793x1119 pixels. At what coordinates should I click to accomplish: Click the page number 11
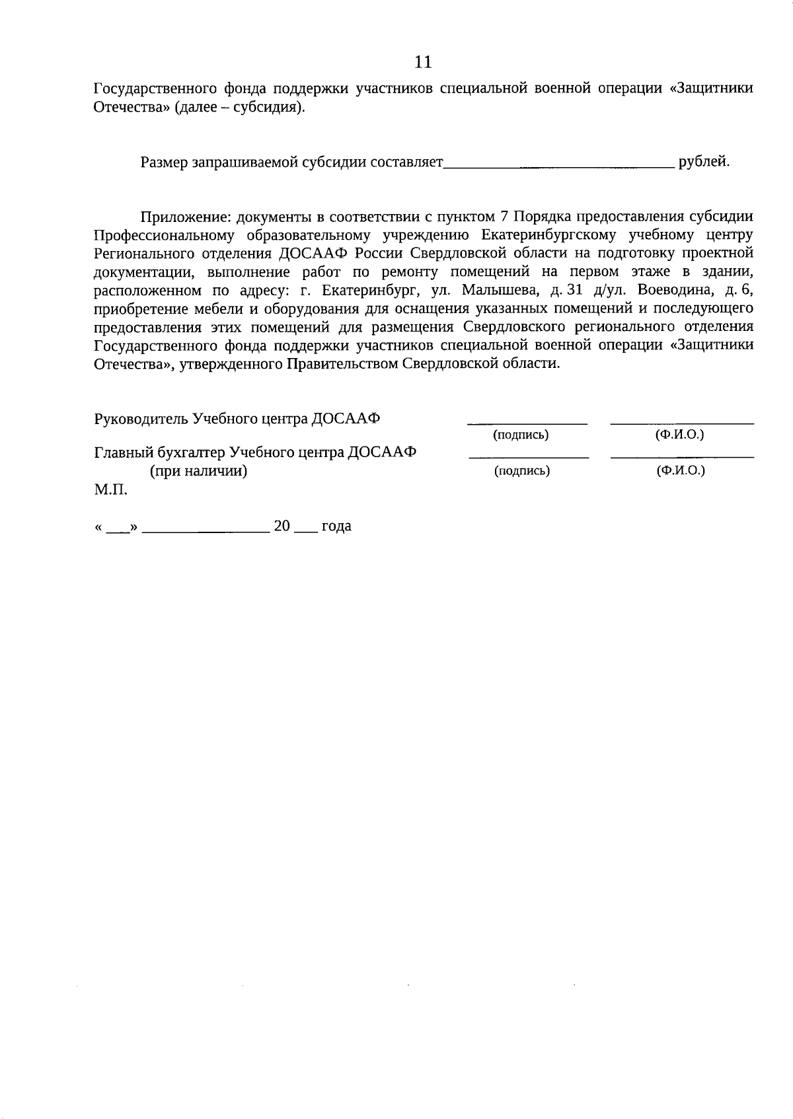(423, 62)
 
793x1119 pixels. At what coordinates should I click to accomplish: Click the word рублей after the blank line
(704, 162)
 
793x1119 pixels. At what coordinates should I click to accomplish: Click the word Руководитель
(141, 419)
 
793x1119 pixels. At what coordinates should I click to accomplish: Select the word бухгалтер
(190, 452)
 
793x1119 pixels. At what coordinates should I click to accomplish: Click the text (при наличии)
(198, 471)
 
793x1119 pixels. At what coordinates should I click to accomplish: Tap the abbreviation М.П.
(111, 490)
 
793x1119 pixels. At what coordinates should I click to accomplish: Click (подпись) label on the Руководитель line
(521, 435)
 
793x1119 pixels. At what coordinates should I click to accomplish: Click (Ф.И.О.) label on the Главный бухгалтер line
(680, 470)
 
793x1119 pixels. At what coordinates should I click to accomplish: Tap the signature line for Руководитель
(527, 423)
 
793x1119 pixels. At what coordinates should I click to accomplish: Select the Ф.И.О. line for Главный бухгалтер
(682, 456)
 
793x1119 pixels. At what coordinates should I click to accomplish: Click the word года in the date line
(336, 526)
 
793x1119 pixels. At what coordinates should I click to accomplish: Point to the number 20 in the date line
(282, 526)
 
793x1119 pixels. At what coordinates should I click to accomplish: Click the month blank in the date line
(206, 530)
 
